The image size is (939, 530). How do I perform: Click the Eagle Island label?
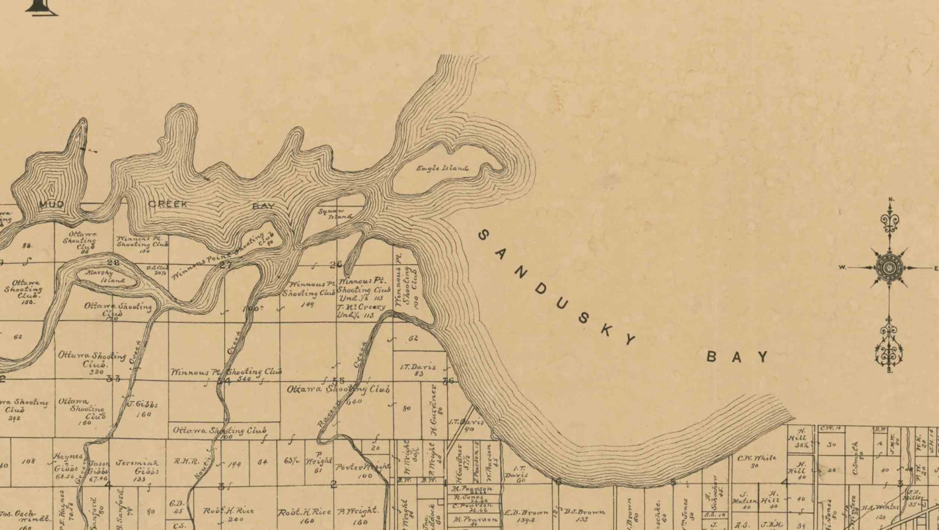point(442,168)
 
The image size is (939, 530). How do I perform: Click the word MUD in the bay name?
point(51,204)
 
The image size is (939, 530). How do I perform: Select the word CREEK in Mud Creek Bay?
point(168,204)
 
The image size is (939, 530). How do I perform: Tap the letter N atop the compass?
point(891,199)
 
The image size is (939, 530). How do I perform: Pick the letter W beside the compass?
point(842,268)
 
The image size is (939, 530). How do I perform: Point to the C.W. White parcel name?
point(756,458)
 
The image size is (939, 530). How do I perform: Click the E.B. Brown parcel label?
point(526,512)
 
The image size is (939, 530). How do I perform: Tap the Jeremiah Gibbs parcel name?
point(138,467)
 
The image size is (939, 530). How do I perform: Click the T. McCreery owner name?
point(361,307)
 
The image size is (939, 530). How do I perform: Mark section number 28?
point(113,262)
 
